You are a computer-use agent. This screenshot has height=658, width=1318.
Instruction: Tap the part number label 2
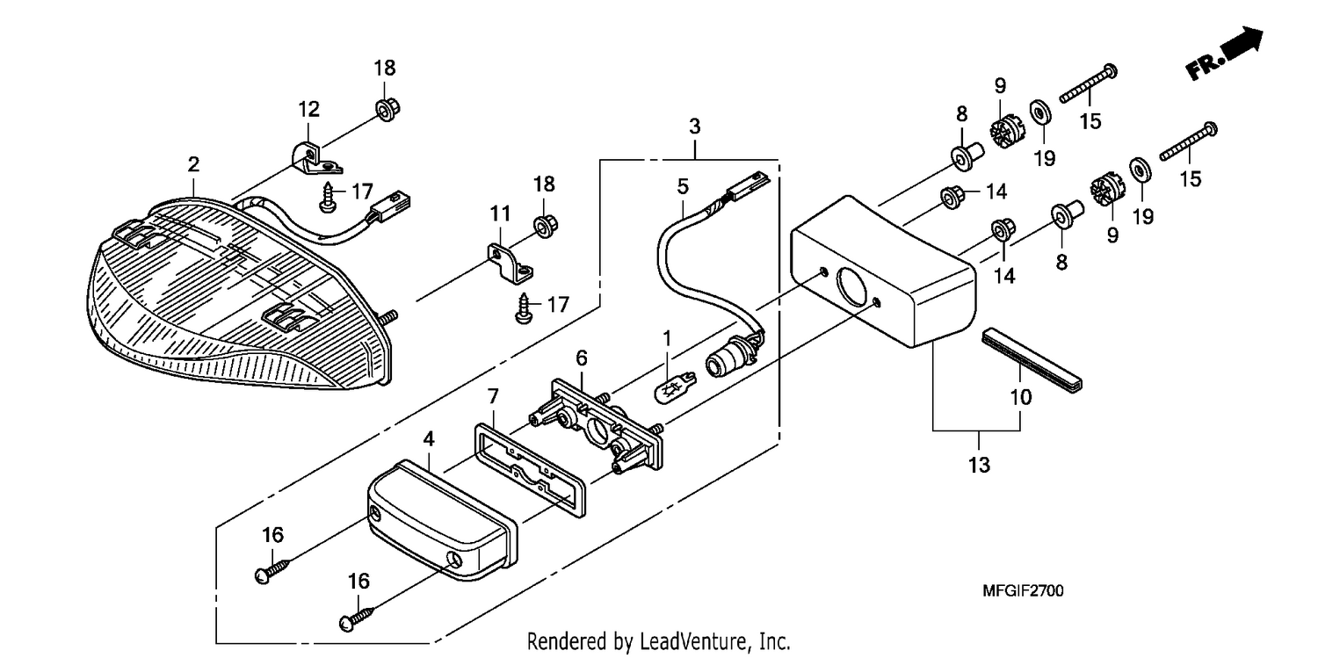(193, 165)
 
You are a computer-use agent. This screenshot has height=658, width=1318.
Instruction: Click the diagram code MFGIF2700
(1023, 590)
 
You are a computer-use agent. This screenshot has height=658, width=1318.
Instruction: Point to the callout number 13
(979, 465)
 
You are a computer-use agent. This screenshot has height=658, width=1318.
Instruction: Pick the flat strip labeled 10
(1032, 361)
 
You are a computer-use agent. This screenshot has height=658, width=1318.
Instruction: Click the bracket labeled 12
(317, 159)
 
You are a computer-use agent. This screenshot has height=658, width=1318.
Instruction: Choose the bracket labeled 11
(510, 264)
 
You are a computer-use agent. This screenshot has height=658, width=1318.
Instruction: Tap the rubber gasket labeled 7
(530, 470)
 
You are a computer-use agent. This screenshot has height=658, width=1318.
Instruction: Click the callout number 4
(429, 439)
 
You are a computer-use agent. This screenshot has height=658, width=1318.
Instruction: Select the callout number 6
(582, 358)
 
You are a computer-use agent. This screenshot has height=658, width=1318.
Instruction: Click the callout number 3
(695, 127)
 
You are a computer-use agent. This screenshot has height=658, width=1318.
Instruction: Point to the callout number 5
(683, 187)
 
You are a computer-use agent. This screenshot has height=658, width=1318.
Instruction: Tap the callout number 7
(493, 397)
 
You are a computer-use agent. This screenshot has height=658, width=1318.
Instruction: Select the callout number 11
(500, 213)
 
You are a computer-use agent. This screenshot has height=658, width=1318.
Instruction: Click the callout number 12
(308, 109)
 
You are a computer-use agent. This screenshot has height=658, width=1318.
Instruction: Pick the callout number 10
(1021, 397)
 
